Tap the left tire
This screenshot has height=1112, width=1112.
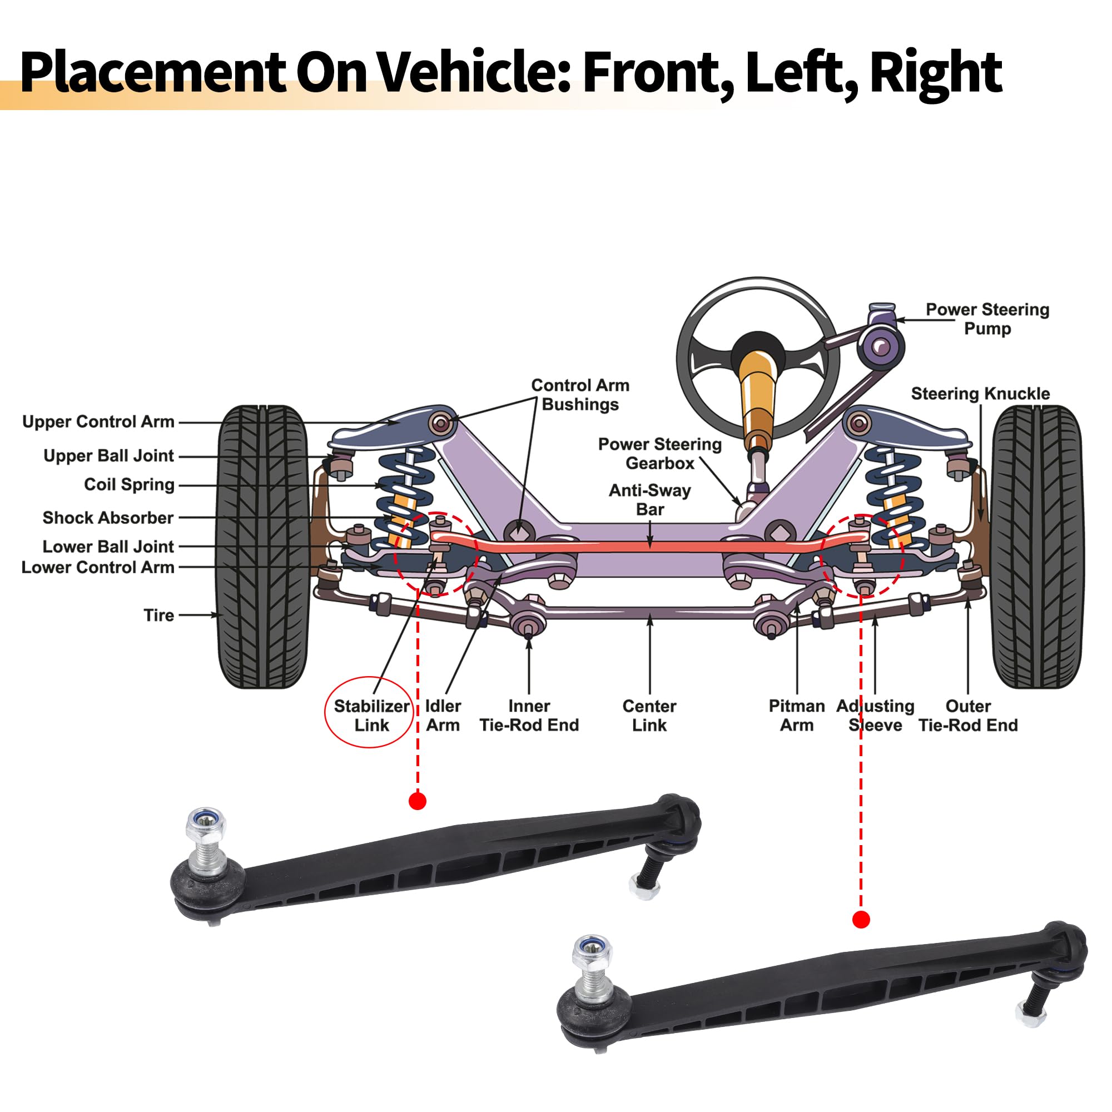(262, 547)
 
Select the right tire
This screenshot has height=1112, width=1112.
(1036, 547)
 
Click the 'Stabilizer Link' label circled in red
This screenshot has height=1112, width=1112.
(371, 716)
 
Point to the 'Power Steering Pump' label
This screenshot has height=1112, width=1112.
(987, 319)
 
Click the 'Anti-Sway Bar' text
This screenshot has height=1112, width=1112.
(650, 500)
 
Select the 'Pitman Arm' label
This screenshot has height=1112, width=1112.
(797, 716)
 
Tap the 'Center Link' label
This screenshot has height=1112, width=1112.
(649, 716)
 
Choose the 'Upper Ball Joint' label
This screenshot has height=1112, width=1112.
(108, 456)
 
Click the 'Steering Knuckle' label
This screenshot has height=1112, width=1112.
(980, 394)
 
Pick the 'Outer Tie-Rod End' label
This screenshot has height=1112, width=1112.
(968, 716)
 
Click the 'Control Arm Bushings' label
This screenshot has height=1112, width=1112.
(580, 395)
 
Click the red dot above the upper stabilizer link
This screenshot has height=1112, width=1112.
(418, 801)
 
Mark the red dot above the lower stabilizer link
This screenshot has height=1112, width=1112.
(861, 920)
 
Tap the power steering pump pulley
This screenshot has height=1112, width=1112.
(880, 346)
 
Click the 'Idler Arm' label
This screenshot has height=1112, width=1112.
(443, 716)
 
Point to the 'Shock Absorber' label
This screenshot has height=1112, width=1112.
(108, 518)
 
